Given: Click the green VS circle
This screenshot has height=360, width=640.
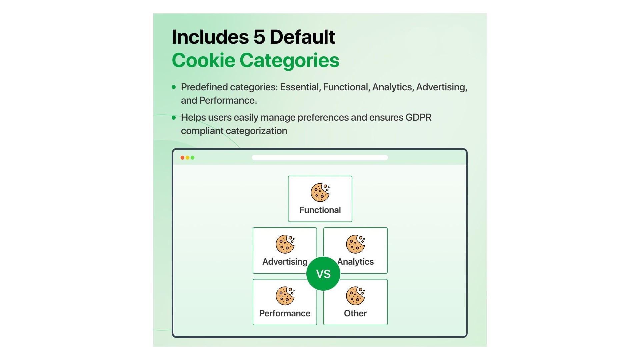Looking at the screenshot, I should [x=323, y=274].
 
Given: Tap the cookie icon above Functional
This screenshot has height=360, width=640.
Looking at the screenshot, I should [x=320, y=192].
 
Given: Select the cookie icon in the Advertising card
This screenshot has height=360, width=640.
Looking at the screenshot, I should [x=285, y=244].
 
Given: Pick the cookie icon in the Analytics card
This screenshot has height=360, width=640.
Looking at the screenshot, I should [x=355, y=244].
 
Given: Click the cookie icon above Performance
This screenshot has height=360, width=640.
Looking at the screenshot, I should [x=285, y=296].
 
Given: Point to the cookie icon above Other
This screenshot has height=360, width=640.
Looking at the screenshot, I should [x=355, y=296].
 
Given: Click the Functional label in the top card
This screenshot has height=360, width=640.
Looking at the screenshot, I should [x=320, y=210].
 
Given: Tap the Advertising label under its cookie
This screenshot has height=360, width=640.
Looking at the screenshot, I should [x=285, y=262].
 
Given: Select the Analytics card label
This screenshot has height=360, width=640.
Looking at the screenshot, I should [x=356, y=262].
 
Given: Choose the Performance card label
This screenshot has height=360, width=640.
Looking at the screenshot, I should [x=285, y=313].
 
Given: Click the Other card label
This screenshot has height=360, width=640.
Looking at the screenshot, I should [x=355, y=313].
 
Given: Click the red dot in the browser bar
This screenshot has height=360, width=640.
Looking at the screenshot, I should [x=182, y=158].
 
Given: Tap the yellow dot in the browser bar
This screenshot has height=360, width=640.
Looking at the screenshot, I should [x=187, y=158].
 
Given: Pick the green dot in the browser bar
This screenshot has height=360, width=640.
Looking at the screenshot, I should [x=192, y=158].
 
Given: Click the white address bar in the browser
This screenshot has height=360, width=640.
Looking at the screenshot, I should [x=320, y=158].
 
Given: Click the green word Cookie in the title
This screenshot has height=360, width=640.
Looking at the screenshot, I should [x=203, y=60].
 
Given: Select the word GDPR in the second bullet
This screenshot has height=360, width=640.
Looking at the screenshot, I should [x=418, y=117].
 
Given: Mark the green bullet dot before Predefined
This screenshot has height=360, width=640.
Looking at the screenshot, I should [x=174, y=87].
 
